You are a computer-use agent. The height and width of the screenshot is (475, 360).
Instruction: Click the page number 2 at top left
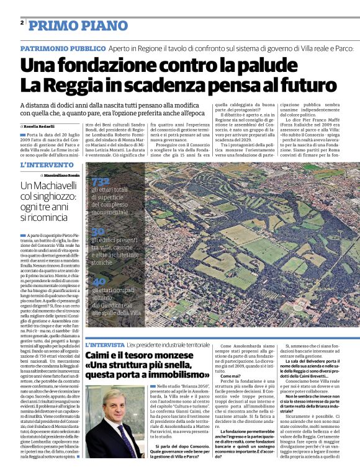[x=22, y=23]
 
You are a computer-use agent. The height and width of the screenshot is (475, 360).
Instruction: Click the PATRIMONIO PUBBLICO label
[x=63, y=48]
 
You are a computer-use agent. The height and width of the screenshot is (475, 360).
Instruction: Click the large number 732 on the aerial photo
[x=101, y=180]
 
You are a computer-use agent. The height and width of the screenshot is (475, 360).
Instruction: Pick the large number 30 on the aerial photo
[x=97, y=231]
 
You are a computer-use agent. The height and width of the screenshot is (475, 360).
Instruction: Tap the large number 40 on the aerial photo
[x=97, y=280]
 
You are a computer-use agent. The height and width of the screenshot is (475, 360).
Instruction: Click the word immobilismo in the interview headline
[x=172, y=375]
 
